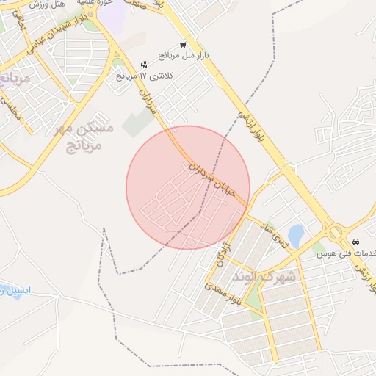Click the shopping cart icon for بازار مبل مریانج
tap(182, 44)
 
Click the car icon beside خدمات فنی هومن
tap(355, 242)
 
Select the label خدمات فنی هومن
tap(347, 253)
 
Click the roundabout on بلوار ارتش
tap(336, 232)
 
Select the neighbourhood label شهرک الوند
tap(264, 277)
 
